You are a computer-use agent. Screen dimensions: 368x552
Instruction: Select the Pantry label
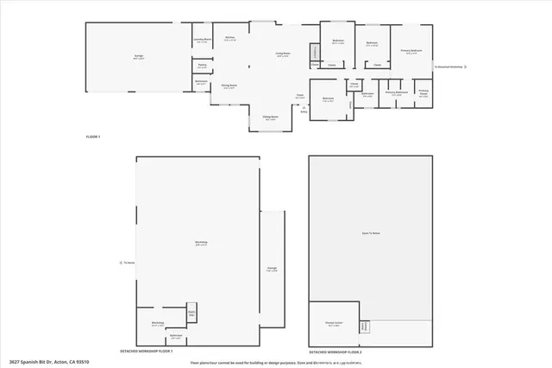pos(202,66)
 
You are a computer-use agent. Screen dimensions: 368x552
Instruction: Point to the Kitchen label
pos(230,39)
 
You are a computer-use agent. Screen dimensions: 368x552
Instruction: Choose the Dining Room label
pos(229,86)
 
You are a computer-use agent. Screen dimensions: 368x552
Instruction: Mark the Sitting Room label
pos(269,118)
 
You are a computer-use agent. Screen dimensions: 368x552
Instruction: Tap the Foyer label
pos(299,96)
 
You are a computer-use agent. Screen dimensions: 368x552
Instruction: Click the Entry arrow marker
pos(304,110)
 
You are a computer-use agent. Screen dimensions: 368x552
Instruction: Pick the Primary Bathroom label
pos(396,93)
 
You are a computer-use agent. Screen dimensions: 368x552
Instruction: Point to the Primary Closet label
pos(423,94)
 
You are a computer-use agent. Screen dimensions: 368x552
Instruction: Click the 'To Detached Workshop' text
pos(448,66)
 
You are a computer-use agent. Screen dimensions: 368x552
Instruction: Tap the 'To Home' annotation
pos(129,263)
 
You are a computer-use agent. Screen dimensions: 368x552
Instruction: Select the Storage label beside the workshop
pos(272,268)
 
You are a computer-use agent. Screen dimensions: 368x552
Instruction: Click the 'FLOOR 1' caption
pos(93,137)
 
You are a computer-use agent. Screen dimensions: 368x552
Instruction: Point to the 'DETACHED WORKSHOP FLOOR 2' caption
pos(336,352)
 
